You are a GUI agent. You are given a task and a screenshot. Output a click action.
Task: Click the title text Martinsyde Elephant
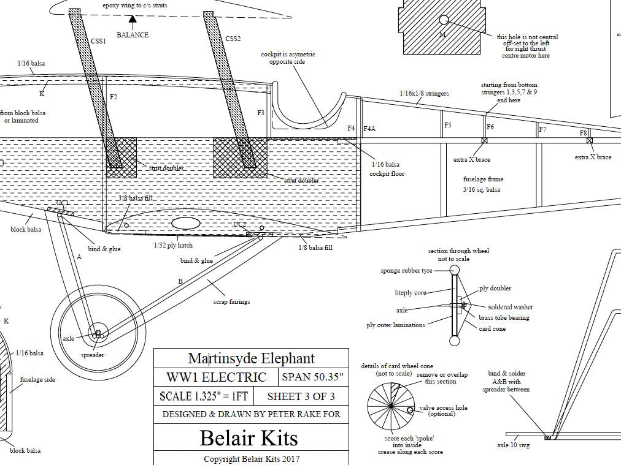coord(251,358)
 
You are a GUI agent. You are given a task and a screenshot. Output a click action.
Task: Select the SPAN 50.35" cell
coord(313,377)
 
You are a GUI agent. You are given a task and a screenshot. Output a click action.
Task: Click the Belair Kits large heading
coord(249,437)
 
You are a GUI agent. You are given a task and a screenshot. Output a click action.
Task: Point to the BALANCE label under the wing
coord(133,35)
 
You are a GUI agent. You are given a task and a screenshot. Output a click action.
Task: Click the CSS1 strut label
coord(98,41)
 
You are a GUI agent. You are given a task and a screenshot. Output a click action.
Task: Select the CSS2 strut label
coord(233,39)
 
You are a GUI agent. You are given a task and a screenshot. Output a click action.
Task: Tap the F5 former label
coord(448,125)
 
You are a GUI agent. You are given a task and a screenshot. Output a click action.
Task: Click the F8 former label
coord(583,133)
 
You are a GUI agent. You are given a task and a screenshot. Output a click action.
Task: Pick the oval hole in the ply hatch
coord(184,223)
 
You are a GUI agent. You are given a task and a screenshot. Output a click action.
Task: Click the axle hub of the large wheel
coord(98,334)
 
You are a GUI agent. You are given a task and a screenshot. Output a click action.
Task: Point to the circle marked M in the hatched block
coord(443,20)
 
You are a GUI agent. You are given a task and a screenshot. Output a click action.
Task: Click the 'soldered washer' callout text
coord(510,307)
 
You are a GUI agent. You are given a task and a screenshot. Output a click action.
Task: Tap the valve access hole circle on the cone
coord(410,410)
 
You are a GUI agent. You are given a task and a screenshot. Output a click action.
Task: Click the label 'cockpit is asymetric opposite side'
coord(288,58)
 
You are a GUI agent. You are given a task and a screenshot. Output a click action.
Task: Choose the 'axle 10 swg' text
coord(513,445)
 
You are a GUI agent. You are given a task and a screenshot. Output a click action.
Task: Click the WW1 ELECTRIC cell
coord(216,377)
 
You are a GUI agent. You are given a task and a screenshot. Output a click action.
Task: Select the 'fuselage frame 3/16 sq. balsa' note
coord(483,184)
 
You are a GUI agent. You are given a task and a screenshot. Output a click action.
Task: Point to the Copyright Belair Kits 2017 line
coord(252,458)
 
